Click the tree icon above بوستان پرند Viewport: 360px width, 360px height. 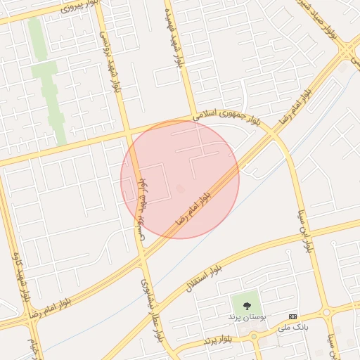(246, 306)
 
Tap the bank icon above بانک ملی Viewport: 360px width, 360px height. (292, 317)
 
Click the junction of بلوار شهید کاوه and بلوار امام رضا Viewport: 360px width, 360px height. (32, 319)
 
